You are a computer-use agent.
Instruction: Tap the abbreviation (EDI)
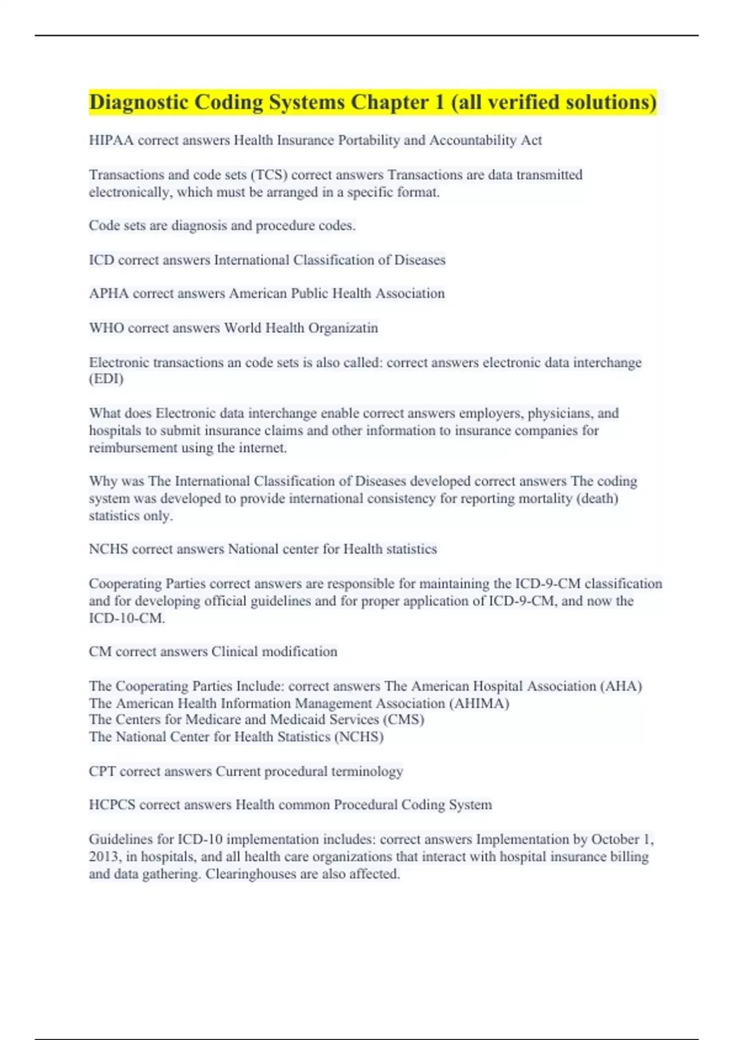tap(106, 379)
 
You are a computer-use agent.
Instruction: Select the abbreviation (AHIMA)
tap(479, 704)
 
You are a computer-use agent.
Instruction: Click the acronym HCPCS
tap(112, 805)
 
